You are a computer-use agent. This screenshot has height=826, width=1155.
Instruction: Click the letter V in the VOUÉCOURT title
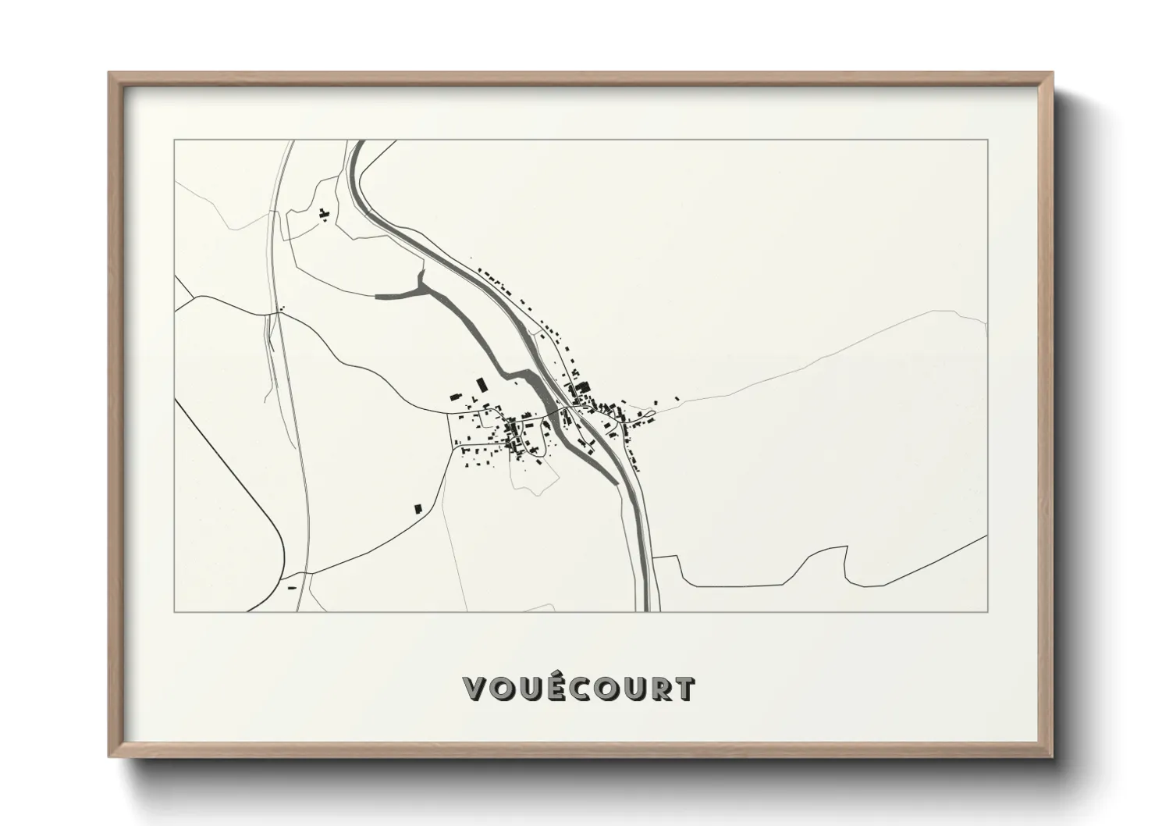[477, 689]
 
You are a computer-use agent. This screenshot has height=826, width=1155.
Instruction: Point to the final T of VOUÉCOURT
[684, 689]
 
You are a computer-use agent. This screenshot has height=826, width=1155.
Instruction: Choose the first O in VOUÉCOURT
[504, 689]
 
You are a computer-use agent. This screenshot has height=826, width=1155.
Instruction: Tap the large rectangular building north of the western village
[482, 385]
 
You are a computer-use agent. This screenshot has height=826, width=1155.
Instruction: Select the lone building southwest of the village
[418, 508]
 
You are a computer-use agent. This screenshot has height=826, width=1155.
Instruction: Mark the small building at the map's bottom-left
[292, 587]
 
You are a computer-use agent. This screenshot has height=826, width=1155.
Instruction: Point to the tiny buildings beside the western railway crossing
[281, 309]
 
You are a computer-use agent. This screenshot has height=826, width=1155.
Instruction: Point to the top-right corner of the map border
[988, 140]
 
